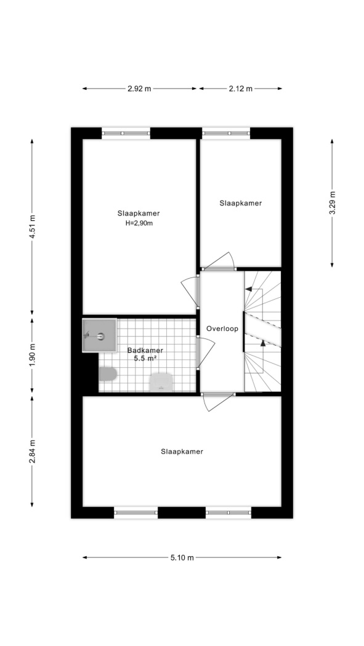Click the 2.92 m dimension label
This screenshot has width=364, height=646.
coord(139,89)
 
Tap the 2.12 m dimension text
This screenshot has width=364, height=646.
coord(241,89)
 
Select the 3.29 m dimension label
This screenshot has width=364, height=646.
coord(332,202)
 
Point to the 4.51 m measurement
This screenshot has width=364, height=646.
coord(32,226)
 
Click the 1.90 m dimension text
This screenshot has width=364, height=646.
coord(32,354)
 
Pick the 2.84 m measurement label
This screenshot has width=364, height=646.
coord(32,452)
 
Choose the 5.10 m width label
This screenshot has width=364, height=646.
coord(182,558)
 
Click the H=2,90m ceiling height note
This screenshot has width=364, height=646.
coord(139,223)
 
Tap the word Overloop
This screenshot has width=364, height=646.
coord(222,329)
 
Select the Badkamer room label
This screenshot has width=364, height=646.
coord(145,351)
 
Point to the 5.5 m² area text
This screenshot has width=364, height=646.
coord(145,359)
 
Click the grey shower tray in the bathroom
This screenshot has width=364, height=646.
coord(99,335)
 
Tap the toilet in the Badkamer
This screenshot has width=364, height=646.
coord(108,374)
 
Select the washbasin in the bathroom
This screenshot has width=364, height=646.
coord(160,382)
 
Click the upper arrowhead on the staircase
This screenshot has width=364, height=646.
coord(249,289)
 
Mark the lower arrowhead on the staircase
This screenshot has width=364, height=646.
coord(262,343)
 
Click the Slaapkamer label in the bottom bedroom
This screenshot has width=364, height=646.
coord(182,452)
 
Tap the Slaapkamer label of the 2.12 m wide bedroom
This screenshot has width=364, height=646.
coord(241,203)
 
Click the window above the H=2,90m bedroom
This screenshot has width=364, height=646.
coord(126,133)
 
